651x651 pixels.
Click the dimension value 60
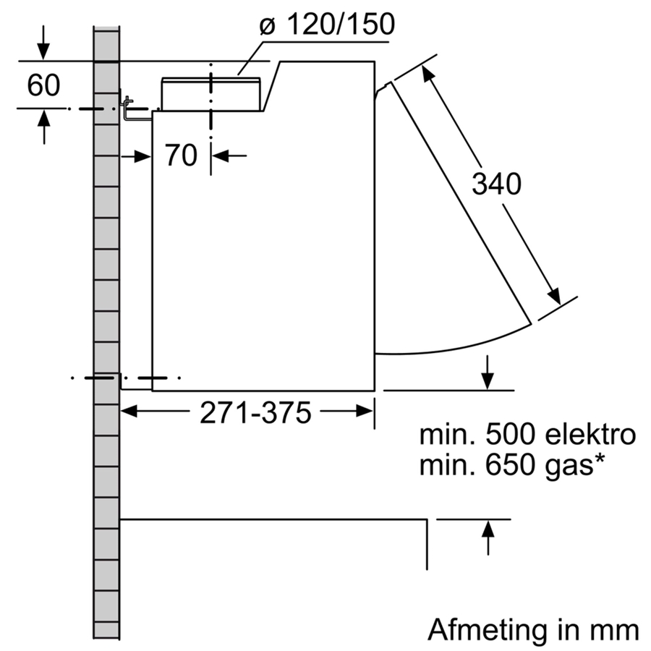pyautogui.click(x=43, y=85)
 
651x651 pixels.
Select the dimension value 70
pyautogui.click(x=180, y=155)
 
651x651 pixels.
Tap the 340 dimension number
pyautogui.click(x=496, y=185)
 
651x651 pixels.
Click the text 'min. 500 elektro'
pyautogui.click(x=527, y=435)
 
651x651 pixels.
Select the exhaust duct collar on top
pyautogui.click(x=211, y=94)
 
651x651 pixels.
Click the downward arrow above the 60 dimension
pyautogui.click(x=44, y=51)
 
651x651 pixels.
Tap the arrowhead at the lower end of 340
pyautogui.click(x=554, y=297)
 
